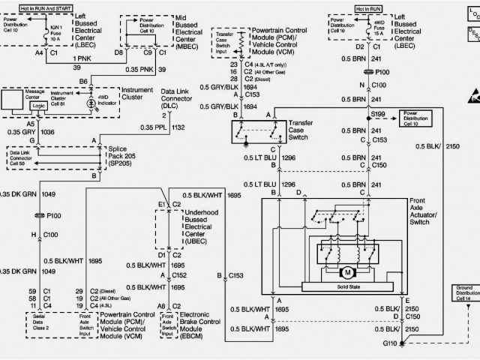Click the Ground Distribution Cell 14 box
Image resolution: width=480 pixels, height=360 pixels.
click(463, 292)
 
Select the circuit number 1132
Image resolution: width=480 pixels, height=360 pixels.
click(199, 127)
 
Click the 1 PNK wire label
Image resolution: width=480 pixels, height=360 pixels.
click(82, 58)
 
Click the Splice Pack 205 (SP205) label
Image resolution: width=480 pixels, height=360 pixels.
click(122, 155)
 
